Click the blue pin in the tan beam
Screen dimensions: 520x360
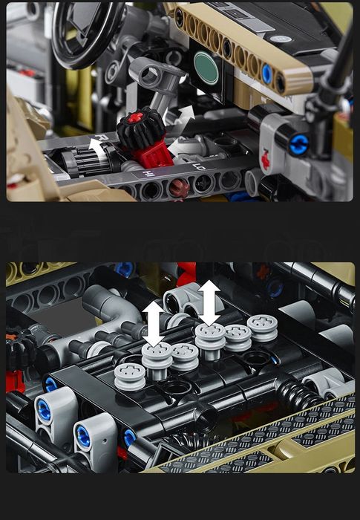pyautogui.click(x=267, y=73)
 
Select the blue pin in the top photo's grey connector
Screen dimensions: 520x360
pyautogui.click(x=299, y=143)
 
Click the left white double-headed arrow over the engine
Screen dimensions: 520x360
pyautogui.click(x=154, y=322)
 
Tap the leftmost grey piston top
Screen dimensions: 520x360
pyautogui.click(x=129, y=374)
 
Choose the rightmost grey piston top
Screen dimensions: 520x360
pyautogui.click(x=262, y=325)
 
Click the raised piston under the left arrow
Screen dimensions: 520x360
pyautogui.click(x=157, y=352)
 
